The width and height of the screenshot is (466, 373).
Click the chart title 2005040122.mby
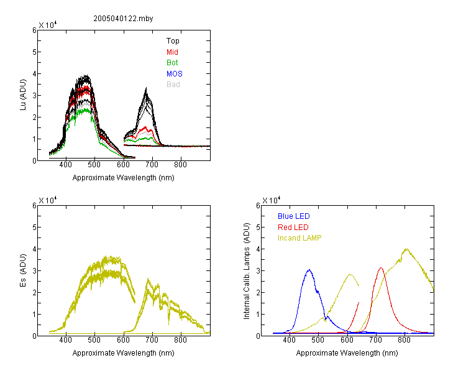tap(123, 19)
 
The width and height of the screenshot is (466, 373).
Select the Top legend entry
tap(173, 41)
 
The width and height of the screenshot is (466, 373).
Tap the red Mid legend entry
tap(172, 52)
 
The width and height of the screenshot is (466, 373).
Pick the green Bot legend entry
tap(172, 63)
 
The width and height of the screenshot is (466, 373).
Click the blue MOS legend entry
tap(175, 74)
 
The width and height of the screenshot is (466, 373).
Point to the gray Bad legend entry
tap(173, 85)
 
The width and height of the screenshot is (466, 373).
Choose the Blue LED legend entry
tap(294, 216)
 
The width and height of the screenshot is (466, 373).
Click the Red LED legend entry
tap(293, 228)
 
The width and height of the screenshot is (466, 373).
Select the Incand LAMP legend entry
tap(299, 238)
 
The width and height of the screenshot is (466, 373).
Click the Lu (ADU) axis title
tap(23, 95)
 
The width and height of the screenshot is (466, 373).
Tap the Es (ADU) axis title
tap(23, 270)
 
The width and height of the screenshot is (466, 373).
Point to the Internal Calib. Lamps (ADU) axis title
tap(247, 271)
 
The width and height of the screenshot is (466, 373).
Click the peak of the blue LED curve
tap(309, 270)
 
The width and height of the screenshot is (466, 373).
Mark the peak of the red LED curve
tap(381, 268)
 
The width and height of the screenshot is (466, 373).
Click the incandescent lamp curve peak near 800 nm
tap(406, 249)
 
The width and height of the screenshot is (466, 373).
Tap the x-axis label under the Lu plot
tap(124, 178)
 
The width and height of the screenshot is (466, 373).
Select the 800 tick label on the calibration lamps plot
tap(404, 340)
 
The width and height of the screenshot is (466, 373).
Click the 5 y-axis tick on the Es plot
tap(34, 228)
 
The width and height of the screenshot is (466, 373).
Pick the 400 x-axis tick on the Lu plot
tap(66, 165)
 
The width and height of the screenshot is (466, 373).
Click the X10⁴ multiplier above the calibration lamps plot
tap(271, 200)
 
